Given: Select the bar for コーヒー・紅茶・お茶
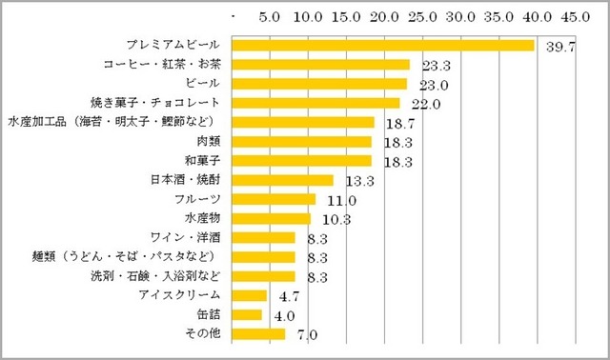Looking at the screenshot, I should click(321, 65).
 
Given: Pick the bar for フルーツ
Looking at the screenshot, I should click(274, 199).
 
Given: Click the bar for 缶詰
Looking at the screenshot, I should click(247, 314).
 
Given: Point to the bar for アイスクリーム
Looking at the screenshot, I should click(250, 295).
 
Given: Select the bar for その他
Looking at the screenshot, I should click(258, 333).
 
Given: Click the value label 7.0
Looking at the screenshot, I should click(305, 335).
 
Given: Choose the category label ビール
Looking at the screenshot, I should click(204, 84).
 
